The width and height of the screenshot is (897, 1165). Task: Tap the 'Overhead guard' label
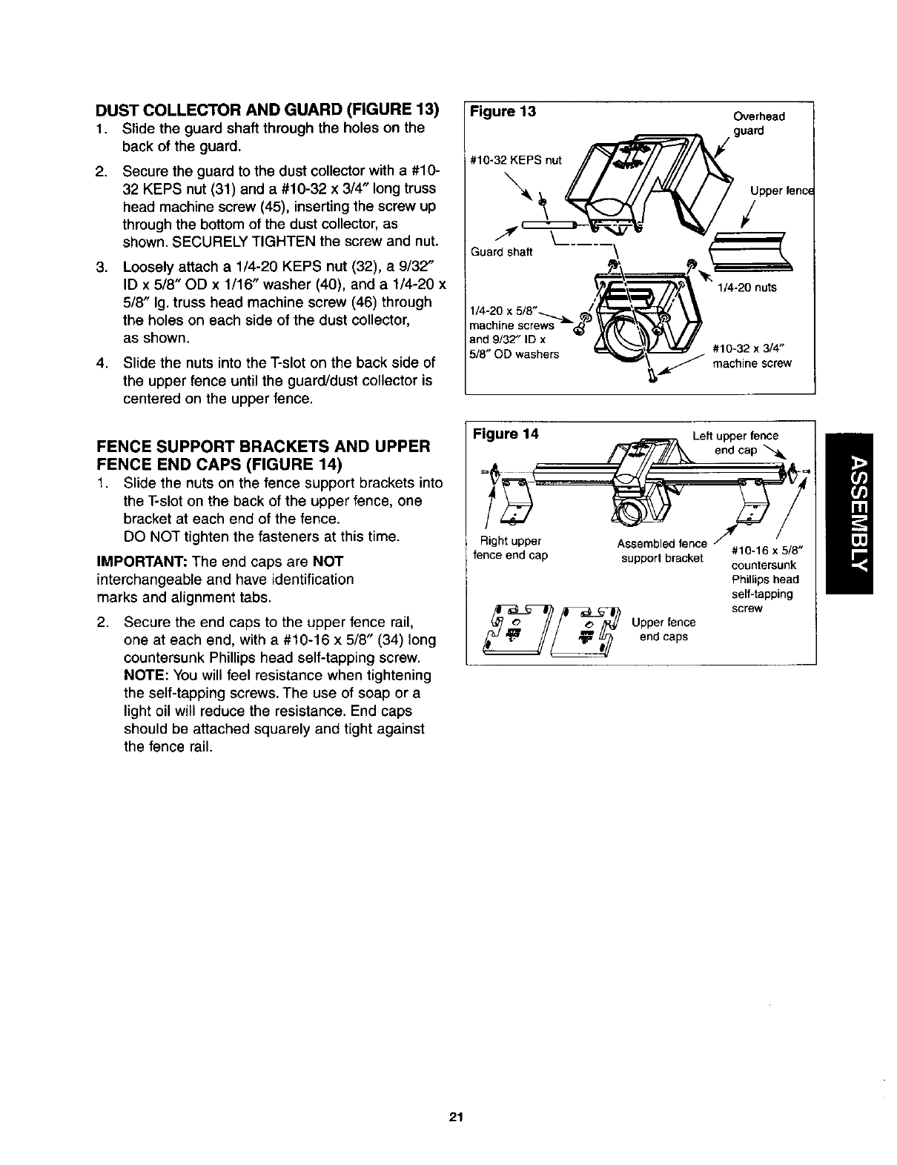coord(758,123)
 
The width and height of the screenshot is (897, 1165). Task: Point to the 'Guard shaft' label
coord(502,252)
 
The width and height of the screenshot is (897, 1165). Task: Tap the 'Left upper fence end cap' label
coord(735,442)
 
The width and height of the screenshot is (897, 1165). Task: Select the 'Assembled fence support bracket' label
coord(661,551)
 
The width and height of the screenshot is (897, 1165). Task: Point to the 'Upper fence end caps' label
coord(663,629)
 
